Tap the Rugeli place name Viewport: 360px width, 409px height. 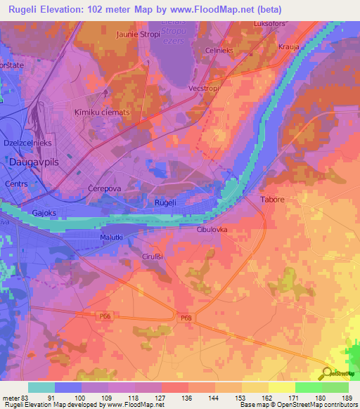tap(165, 202)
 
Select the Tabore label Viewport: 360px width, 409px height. tap(272, 200)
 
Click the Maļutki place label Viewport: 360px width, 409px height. tap(111, 238)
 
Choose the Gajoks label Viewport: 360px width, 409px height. tap(44, 212)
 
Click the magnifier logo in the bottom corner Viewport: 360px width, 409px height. tap(326, 374)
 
